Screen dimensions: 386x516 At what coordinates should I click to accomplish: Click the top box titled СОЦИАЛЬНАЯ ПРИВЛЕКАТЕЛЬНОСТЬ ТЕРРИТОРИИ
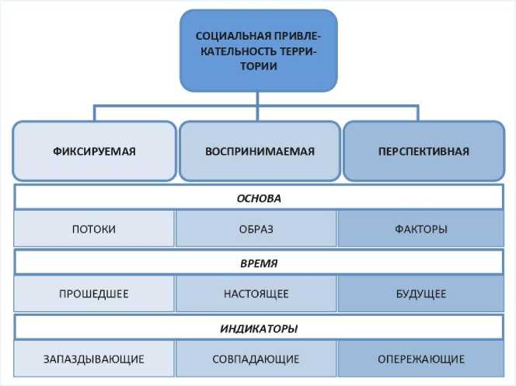click(258, 51)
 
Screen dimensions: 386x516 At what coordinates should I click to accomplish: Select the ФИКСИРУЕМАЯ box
click(94, 151)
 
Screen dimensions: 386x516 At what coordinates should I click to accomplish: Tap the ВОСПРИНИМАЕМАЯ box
click(258, 151)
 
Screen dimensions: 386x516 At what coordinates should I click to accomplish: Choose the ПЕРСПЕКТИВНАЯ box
click(424, 151)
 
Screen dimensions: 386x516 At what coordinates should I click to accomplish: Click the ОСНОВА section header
click(258, 198)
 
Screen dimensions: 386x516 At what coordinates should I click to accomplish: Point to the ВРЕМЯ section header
click(258, 263)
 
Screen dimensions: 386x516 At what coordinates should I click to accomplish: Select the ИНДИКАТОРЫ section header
click(258, 328)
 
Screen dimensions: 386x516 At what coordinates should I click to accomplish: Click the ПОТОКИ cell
click(94, 230)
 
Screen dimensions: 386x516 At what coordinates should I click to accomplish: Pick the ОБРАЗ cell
click(257, 230)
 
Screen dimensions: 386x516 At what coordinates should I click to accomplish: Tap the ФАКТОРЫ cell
click(420, 230)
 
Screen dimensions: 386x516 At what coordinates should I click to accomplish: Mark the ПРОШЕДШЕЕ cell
click(94, 294)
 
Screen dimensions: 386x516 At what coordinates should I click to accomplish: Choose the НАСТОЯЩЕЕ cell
click(257, 294)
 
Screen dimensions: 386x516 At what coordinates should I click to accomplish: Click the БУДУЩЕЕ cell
click(420, 294)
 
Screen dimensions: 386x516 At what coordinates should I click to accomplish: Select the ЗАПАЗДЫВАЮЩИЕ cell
click(94, 360)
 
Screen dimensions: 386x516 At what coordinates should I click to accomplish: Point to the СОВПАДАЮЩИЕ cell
click(257, 360)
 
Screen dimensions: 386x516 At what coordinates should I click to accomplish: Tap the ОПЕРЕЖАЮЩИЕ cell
click(420, 360)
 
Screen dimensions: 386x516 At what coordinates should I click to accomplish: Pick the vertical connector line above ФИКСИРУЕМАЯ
click(95, 112)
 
